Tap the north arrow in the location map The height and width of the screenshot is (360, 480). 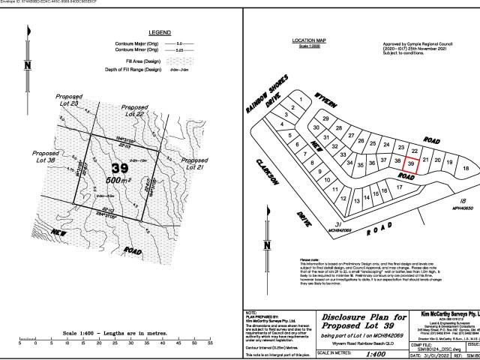(x=267, y=244)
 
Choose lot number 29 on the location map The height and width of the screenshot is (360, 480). (x=325, y=118)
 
